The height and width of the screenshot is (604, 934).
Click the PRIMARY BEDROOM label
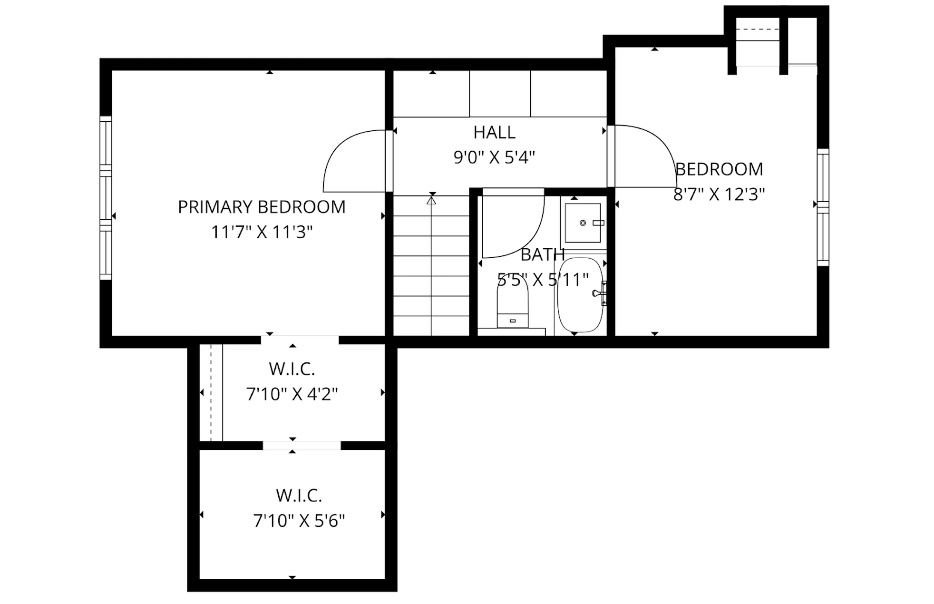(x=262, y=207)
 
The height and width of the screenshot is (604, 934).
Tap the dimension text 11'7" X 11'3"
(x=262, y=233)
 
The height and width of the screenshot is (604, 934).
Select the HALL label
(x=494, y=133)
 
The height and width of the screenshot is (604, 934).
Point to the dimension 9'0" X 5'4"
(x=494, y=157)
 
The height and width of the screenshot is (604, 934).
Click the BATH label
(x=542, y=255)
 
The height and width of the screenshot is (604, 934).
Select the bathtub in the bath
(x=580, y=295)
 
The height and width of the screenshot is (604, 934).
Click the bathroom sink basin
(x=583, y=223)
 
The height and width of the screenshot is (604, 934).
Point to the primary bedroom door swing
(x=352, y=162)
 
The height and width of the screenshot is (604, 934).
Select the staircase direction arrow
(x=431, y=201)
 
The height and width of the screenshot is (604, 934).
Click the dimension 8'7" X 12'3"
(x=719, y=195)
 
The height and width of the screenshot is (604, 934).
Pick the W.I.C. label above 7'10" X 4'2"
(x=292, y=369)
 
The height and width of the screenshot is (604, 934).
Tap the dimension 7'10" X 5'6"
(x=299, y=521)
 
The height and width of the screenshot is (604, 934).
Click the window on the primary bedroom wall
(x=106, y=198)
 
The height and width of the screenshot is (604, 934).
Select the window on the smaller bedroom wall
(x=823, y=207)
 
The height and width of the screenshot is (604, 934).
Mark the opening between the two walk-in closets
(x=302, y=446)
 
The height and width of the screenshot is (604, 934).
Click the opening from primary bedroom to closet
(x=300, y=340)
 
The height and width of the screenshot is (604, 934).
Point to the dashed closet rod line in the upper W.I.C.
(x=210, y=393)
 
